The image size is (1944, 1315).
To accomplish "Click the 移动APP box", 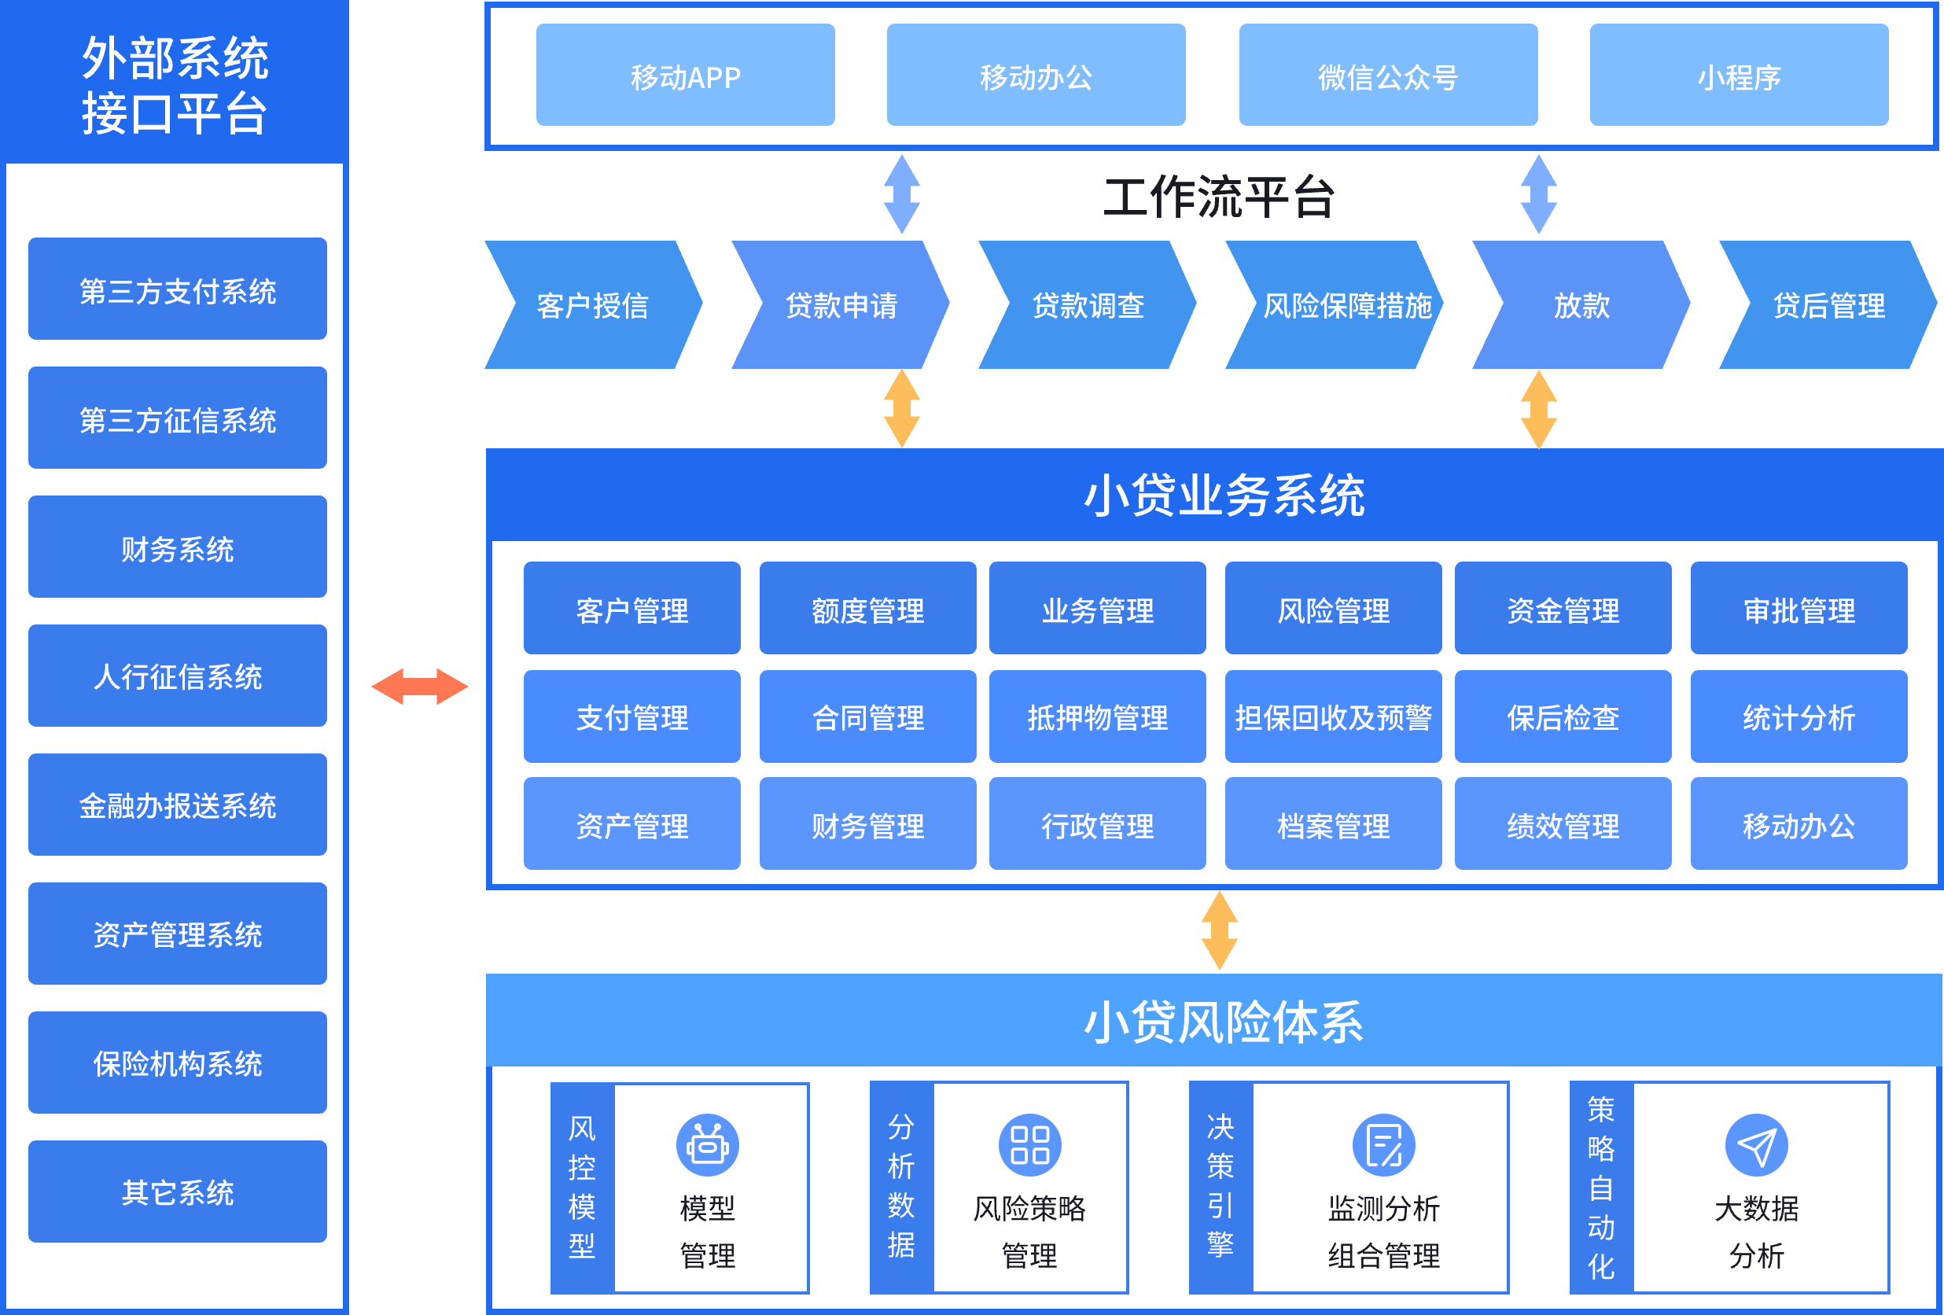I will pyautogui.click(x=685, y=76).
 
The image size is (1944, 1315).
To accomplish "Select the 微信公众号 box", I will pyautogui.click(x=1388, y=76).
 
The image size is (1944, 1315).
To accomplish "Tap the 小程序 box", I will pyautogui.click(x=1738, y=76).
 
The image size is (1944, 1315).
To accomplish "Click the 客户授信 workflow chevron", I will pyautogui.click(x=593, y=305).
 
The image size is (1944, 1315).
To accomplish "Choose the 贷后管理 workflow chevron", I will pyautogui.click(x=1828, y=305).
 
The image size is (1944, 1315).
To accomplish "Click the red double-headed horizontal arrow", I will pyautogui.click(x=420, y=687).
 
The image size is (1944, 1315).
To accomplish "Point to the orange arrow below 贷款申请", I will pyautogui.click(x=902, y=409).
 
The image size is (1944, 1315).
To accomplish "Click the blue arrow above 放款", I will pyautogui.click(x=1538, y=194).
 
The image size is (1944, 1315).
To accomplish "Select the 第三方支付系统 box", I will pyautogui.click(x=178, y=289).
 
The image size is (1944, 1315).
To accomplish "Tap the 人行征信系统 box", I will pyautogui.click(x=178, y=676).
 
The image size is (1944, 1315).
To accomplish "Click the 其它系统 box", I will pyautogui.click(x=178, y=1192).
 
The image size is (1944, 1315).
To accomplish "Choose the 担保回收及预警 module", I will pyautogui.click(x=1332, y=717).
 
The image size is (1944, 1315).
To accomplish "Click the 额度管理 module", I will pyautogui.click(x=867, y=609).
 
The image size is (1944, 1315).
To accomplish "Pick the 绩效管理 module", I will pyautogui.click(x=1563, y=825).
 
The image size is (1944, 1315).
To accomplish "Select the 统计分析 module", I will pyautogui.click(x=1799, y=717).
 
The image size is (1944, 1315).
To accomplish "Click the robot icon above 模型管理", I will pyautogui.click(x=708, y=1144).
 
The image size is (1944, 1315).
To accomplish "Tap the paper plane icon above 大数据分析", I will pyautogui.click(x=1756, y=1144).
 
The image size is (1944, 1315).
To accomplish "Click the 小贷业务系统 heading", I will pyautogui.click(x=1224, y=495).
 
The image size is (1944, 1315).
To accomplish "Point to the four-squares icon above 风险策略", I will pyautogui.click(x=1029, y=1144).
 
